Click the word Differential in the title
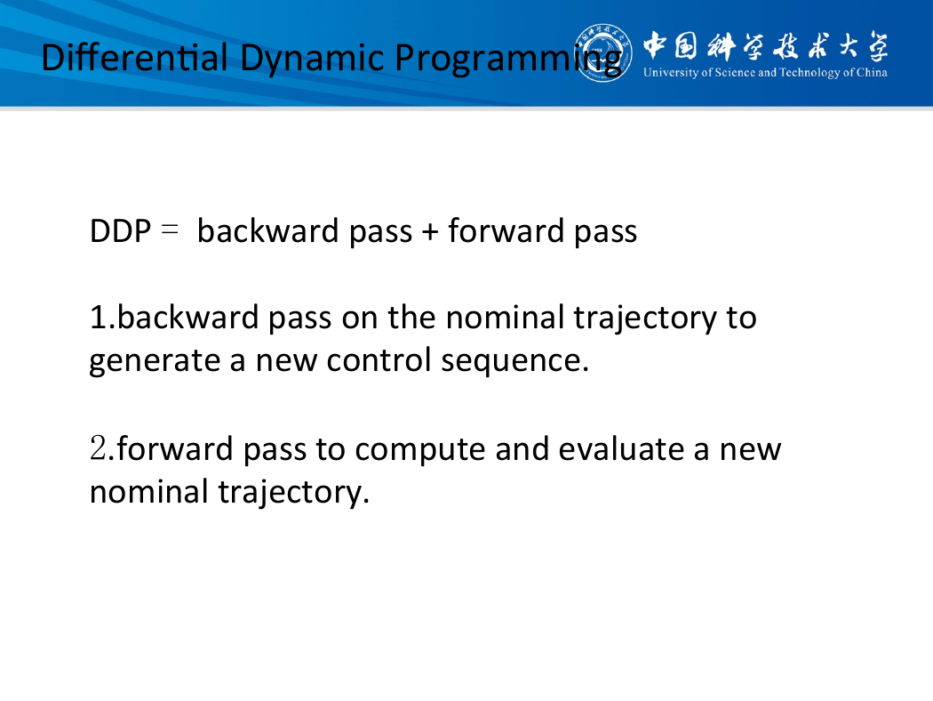point(134,58)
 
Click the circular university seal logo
point(602,53)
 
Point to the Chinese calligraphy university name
point(766,46)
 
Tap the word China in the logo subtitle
point(872,73)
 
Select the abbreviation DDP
point(120,231)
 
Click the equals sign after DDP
point(170,230)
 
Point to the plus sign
point(429,231)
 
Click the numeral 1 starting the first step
point(98,318)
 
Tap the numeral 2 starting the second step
point(98,448)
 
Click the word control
point(379,359)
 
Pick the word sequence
point(512,361)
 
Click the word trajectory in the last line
point(290,493)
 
